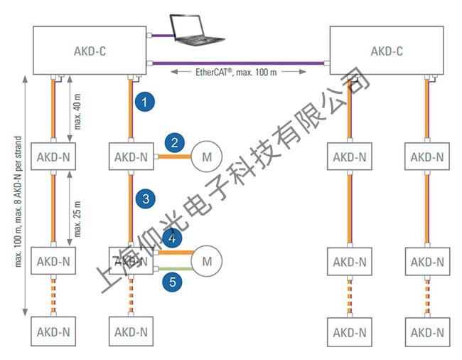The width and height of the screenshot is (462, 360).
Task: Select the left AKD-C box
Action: pos(90,51)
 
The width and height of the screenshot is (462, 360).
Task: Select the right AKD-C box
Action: pos(387,51)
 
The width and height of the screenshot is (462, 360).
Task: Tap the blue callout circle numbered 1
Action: pos(145,102)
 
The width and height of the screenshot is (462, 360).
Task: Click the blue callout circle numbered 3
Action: pos(145,199)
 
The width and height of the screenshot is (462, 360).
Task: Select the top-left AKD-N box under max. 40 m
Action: pos(53,157)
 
